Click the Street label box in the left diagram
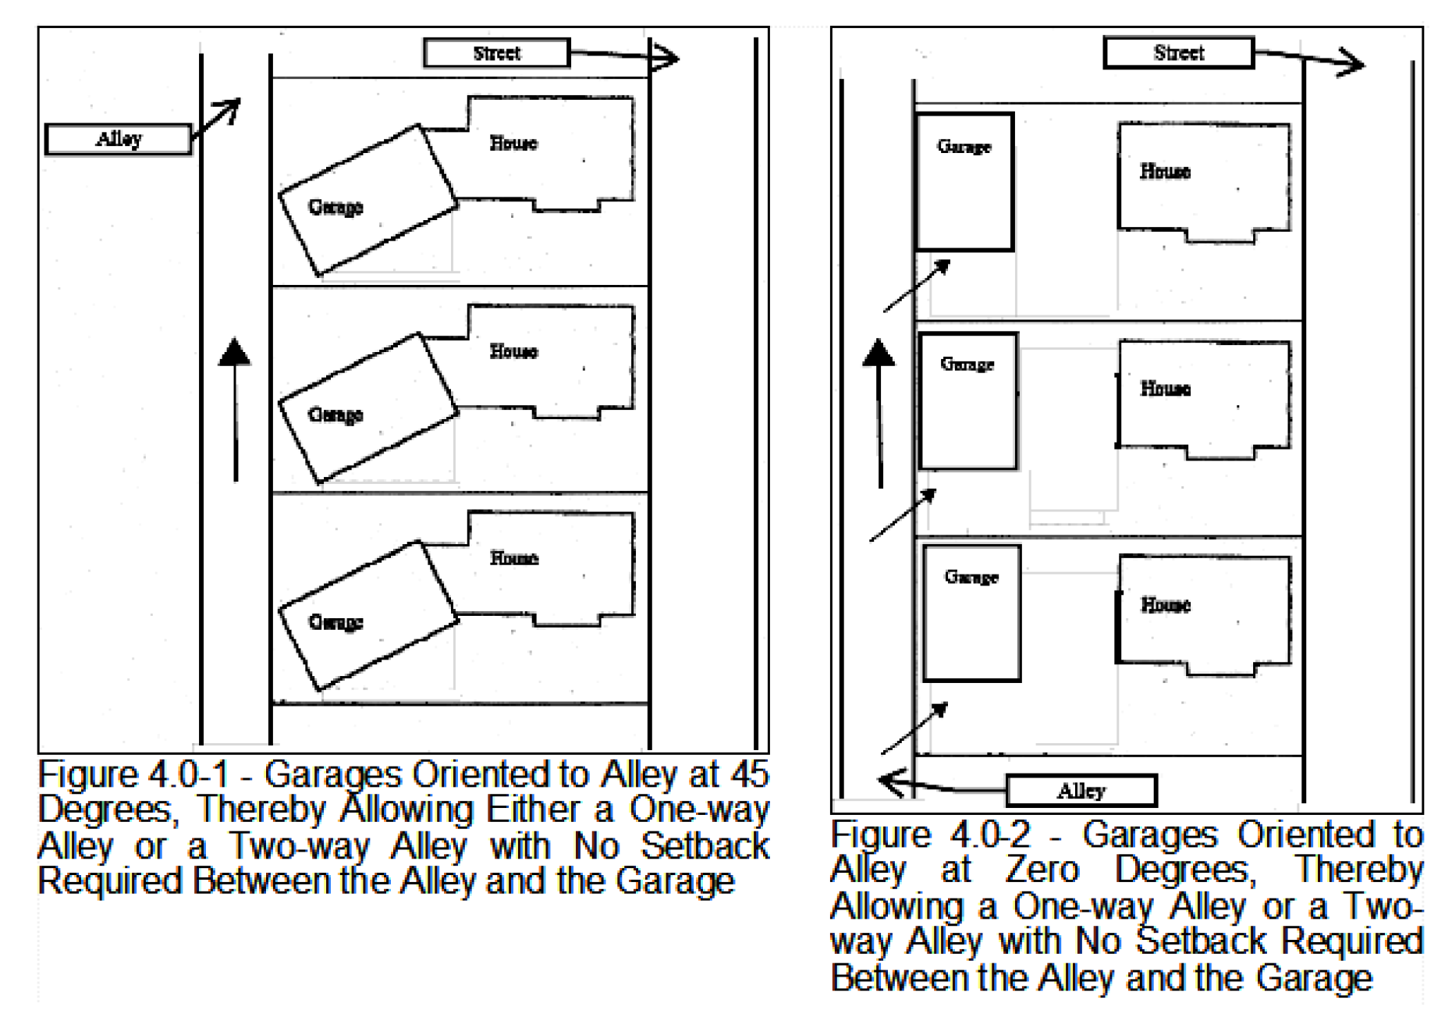497,53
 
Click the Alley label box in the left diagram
119,139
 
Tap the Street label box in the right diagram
1178,52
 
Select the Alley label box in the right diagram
1081,790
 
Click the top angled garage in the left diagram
368,200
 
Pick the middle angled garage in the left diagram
368,408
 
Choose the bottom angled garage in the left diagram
368,616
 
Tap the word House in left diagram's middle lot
513,351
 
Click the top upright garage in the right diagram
964,182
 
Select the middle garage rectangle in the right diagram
968,401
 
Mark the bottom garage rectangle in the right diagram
972,613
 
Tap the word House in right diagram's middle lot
1166,388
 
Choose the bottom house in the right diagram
1203,616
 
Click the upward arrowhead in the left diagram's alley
235,351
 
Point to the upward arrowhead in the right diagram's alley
879,352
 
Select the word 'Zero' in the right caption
1042,870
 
